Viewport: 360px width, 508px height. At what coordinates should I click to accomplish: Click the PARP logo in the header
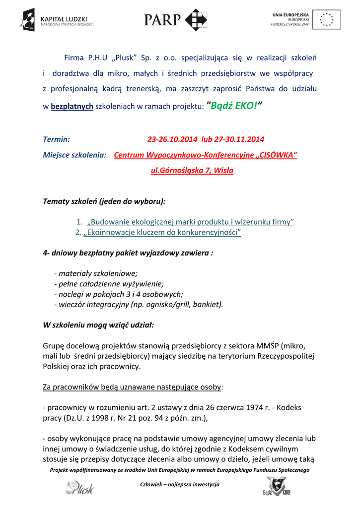tap(176, 20)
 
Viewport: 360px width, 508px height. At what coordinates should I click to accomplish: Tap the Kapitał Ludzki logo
tap(56, 20)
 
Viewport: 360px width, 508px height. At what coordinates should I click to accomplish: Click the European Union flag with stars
tap(327, 20)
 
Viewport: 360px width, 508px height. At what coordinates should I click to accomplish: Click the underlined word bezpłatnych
tap(72, 107)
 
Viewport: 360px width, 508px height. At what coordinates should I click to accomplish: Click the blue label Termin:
tap(56, 139)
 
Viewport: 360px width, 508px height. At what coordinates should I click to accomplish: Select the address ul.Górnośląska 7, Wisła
tap(192, 171)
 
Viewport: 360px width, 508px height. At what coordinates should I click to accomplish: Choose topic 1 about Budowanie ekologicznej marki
tap(191, 222)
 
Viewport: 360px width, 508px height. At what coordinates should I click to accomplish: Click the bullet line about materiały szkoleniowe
tap(95, 273)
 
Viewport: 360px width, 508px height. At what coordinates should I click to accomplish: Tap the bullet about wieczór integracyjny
tap(139, 304)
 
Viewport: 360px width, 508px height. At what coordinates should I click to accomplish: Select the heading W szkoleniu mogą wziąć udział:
tap(98, 325)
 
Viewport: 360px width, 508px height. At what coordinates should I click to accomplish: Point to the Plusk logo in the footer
tap(79, 487)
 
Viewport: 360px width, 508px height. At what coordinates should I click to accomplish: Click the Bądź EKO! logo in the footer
tap(277, 487)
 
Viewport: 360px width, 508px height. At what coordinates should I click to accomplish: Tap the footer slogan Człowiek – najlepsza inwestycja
tap(180, 484)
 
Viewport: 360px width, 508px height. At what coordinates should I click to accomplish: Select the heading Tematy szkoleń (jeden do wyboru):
tap(104, 201)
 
